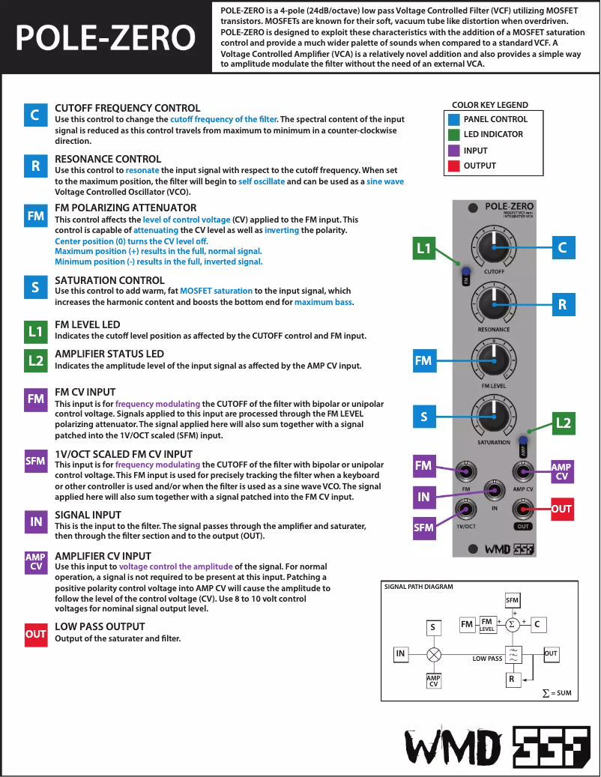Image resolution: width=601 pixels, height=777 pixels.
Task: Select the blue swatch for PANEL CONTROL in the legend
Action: click(x=453, y=119)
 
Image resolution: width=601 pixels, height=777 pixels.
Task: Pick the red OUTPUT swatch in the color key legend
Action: click(x=453, y=166)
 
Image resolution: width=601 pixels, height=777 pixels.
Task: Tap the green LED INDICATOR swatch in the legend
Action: click(x=453, y=135)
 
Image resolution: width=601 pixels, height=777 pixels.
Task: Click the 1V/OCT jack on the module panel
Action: click(x=466, y=510)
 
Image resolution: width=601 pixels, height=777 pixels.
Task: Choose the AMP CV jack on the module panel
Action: click(x=522, y=471)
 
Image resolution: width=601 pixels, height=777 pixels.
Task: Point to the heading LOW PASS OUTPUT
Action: click(x=100, y=626)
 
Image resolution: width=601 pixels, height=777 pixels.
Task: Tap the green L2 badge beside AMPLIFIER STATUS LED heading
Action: click(x=35, y=360)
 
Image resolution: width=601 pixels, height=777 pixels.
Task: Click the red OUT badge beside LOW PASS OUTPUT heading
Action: click(x=35, y=633)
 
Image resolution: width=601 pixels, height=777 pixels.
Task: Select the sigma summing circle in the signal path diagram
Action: click(x=513, y=624)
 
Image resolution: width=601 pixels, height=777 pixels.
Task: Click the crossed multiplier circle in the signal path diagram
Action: click(x=433, y=654)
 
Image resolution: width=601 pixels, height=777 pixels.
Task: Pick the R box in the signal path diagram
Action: click(x=513, y=680)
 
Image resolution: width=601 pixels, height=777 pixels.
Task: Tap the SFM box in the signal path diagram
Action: click(x=513, y=600)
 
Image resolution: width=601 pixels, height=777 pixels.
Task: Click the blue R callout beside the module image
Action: click(x=561, y=304)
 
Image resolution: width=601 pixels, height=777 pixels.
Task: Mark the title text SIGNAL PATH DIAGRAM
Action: click(x=418, y=587)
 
